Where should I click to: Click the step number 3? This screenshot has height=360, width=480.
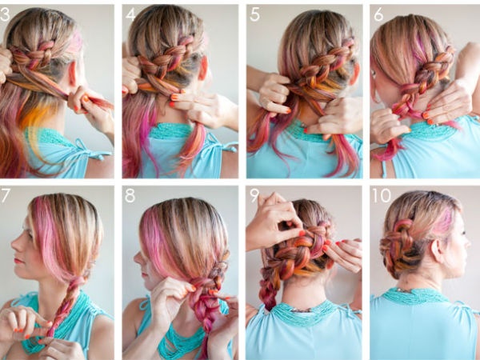pos(5,14)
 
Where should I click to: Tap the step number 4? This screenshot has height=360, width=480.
pos(130,14)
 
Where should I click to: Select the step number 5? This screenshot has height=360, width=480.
pos(254,14)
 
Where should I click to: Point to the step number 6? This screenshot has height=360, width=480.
pos(378,14)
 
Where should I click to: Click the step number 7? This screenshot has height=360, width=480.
pos(6,196)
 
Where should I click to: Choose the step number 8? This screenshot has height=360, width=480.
pos(130,196)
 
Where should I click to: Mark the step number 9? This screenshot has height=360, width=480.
pos(254,196)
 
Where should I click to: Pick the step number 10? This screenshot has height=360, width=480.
pos(382,196)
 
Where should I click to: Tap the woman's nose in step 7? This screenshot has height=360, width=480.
pos(15,245)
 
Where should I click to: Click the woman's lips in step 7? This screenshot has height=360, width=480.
pos(18,261)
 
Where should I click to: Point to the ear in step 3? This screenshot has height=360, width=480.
pos(73,74)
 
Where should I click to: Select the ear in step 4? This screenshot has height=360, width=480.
pos(203,69)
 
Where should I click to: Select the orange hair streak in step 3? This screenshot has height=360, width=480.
pos(34,116)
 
